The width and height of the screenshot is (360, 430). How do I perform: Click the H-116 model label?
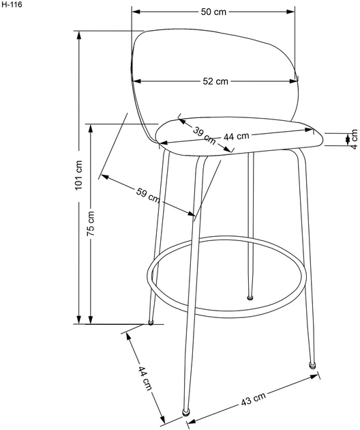(11, 5)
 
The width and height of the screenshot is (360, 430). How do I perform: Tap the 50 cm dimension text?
(213, 12)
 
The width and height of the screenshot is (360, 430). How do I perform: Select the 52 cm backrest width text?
(215, 81)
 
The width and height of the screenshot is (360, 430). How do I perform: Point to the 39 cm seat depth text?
(205, 135)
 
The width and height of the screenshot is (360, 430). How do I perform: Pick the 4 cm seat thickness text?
(354, 139)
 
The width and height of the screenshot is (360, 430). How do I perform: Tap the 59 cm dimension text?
(148, 195)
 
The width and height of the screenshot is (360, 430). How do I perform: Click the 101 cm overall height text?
(78, 175)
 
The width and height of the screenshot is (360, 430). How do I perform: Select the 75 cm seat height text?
(91, 223)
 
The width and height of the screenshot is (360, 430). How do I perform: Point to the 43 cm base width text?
(254, 399)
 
